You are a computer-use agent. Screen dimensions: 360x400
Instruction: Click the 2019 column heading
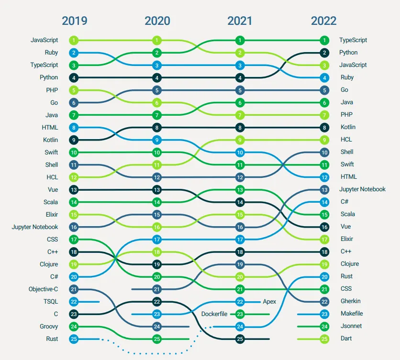[74, 21]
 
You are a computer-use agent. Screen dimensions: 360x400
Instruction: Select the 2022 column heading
[323, 21]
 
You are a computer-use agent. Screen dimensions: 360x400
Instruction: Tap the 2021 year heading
[240, 21]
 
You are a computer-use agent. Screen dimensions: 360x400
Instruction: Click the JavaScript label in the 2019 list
[44, 40]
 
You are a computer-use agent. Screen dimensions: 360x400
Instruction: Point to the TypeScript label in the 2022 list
[353, 40]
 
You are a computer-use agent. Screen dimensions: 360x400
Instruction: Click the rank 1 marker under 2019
[74, 41]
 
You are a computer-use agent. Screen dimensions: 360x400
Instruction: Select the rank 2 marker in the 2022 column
[324, 53]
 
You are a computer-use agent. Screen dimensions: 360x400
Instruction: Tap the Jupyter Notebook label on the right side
[362, 189]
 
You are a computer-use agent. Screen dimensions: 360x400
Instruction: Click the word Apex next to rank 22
[269, 302]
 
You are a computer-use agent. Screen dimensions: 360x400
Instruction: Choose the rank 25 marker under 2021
[240, 339]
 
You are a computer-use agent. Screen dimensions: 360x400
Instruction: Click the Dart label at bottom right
[345, 338]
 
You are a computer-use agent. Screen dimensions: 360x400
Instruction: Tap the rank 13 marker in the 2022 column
[324, 190]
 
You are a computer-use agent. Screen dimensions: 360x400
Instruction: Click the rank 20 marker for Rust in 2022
[324, 277]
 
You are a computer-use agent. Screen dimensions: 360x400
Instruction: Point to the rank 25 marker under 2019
[74, 339]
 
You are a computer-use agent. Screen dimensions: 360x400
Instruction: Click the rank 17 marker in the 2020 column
[157, 240]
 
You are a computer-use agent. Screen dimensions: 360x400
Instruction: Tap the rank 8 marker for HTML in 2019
[74, 128]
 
